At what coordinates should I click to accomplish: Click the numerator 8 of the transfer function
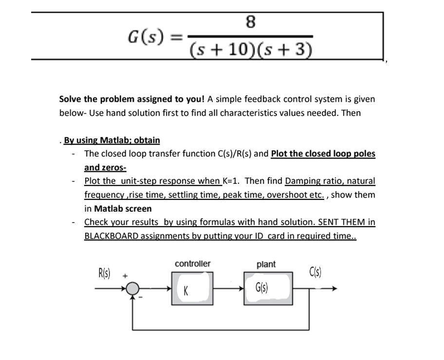coord(250,22)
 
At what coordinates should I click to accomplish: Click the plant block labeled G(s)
coord(267,288)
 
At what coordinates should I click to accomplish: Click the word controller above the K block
coord(192,263)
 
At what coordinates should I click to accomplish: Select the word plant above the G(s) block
coord(266,264)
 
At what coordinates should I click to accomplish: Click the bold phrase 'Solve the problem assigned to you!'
coord(131,99)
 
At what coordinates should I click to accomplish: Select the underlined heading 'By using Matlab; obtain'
coord(112,140)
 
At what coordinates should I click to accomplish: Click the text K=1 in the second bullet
coord(230,181)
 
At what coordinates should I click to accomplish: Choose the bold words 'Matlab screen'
coord(123,208)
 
